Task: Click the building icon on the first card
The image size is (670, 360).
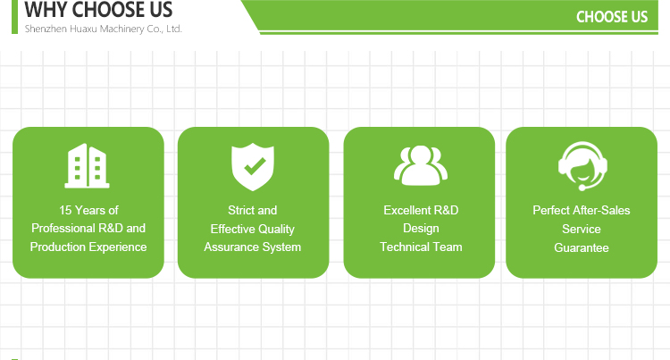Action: coord(88,165)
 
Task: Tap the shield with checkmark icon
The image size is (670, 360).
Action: coord(253,166)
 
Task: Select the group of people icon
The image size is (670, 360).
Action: coord(421,165)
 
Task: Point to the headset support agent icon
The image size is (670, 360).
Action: coord(582,166)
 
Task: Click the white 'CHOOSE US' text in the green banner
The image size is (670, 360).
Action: coord(612,17)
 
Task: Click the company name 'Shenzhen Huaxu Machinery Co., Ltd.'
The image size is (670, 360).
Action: coord(104,29)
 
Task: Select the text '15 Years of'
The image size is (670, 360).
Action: coord(88,210)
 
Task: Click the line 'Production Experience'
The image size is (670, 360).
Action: coord(88,247)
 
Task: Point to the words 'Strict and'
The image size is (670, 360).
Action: coord(253,210)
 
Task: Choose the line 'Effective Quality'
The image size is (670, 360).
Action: coord(253,229)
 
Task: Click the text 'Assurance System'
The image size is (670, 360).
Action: coord(253,247)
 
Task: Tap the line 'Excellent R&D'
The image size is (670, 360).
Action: coord(421,210)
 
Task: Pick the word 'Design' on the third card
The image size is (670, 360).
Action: coord(421,229)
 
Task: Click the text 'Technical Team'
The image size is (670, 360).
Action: coord(421,247)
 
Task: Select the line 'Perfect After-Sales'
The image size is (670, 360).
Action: coord(582,210)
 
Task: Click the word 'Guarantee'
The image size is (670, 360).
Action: coord(582,247)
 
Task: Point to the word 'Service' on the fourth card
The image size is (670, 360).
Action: coord(582,229)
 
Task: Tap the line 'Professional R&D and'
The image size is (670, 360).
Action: coord(88,228)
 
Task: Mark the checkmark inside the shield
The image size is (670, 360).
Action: coord(255,165)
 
